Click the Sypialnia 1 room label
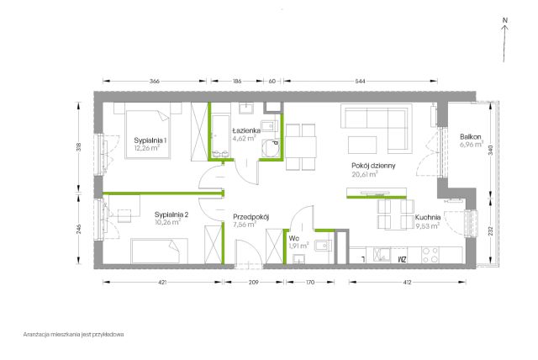150,140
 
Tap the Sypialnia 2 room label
171,214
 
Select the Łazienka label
246,130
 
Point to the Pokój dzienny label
373,166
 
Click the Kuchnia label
428,217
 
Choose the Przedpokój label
251,217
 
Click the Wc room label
293,238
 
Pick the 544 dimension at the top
361,82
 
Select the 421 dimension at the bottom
162,283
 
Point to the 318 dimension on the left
79,147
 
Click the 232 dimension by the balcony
491,230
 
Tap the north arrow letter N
504,20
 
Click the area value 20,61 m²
365,174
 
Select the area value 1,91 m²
298,246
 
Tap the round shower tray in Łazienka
271,148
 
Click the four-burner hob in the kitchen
430,255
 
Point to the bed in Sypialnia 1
148,134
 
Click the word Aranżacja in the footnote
36,334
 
